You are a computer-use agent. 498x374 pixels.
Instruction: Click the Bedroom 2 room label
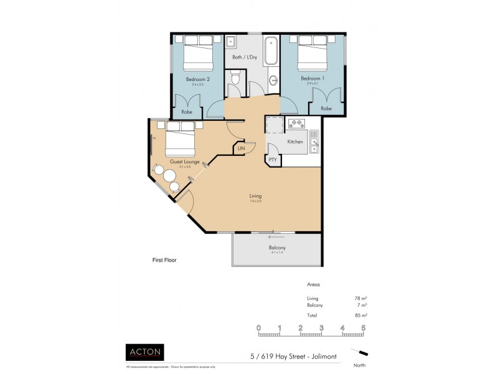197,79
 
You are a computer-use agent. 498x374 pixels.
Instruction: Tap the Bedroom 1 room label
312,79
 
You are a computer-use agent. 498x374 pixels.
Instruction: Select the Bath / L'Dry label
245,57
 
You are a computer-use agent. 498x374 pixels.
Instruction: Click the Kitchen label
295,141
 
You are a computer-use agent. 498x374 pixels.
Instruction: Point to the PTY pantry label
273,160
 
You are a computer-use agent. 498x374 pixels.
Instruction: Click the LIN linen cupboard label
241,149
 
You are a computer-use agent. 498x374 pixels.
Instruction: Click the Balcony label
278,248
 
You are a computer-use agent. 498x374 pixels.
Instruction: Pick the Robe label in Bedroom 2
187,112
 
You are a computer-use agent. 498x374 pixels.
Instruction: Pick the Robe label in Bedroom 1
326,108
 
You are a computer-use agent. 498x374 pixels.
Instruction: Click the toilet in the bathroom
235,80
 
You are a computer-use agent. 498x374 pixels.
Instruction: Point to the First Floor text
165,260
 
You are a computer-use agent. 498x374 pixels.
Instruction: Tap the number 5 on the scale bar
362,327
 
